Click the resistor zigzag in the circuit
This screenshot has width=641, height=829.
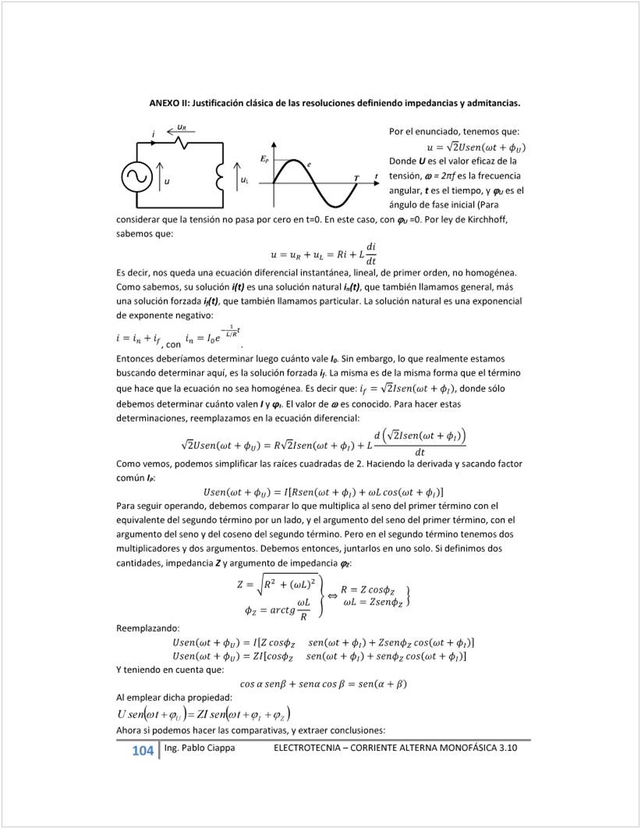point(181,142)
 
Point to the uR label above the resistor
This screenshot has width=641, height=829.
point(181,126)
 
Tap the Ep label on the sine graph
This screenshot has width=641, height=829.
point(264,159)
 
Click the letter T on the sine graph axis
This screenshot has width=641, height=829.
point(357,179)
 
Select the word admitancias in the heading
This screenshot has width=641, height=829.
point(492,103)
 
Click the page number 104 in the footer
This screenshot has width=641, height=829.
point(143,751)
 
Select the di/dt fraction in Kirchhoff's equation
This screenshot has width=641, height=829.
point(371,254)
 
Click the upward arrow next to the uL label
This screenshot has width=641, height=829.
point(236,180)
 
